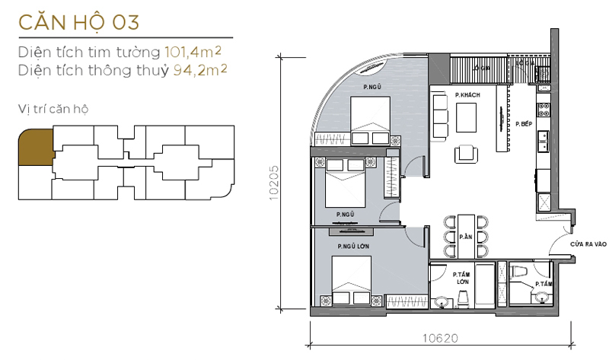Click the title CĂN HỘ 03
(79, 21)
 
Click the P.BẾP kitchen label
(523, 123)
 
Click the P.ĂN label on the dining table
(465, 237)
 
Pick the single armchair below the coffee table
(466, 153)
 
